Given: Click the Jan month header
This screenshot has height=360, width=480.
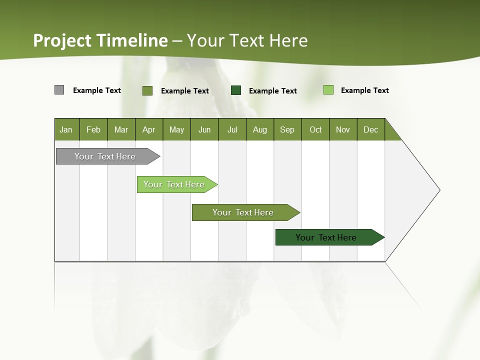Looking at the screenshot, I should (66, 129).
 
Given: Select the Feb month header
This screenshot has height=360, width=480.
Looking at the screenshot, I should (93, 129).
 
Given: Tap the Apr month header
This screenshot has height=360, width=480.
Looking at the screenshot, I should (149, 129).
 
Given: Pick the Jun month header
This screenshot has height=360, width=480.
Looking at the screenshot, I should (204, 129).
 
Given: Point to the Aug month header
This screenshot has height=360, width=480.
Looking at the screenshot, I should (260, 129).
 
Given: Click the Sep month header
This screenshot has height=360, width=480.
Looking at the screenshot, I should (287, 129).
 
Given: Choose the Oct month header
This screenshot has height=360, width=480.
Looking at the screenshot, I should (315, 129).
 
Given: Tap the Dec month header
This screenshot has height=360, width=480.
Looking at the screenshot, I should (371, 129).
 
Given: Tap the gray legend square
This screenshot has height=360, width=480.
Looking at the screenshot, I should (59, 90).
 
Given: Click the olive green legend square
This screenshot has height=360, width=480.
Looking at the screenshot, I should (147, 90).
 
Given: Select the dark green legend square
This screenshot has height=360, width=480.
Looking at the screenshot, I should (236, 90).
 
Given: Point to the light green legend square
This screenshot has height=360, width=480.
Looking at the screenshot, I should (328, 90).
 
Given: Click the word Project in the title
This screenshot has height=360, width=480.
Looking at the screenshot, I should (62, 40).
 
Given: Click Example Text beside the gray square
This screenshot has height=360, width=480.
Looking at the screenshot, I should (97, 90).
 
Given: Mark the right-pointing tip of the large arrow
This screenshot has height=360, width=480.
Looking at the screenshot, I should (439, 190).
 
